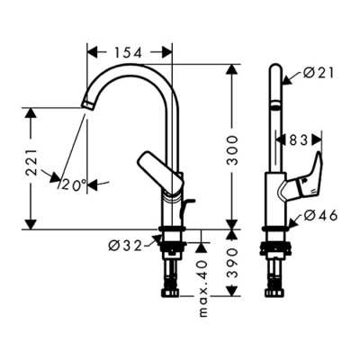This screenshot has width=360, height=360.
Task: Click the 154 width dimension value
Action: point(130,52)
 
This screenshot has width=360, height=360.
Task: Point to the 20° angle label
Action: point(75,184)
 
